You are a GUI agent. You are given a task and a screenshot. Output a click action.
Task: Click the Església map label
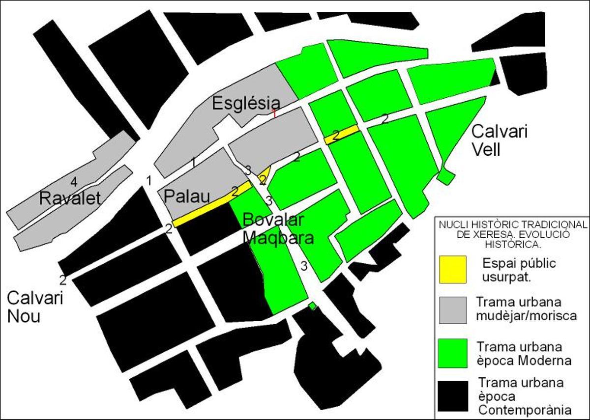point(246,104)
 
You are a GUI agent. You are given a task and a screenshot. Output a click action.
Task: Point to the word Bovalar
point(274,220)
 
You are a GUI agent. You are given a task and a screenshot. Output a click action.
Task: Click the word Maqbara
point(279,238)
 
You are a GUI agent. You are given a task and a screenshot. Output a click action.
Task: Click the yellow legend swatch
point(453,270)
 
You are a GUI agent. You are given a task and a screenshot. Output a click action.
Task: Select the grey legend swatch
point(453,310)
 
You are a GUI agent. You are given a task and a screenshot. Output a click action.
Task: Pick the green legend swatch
point(453,353)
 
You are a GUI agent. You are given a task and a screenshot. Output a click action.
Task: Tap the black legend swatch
point(453,396)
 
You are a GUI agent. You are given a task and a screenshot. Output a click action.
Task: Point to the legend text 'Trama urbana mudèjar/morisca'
point(526,308)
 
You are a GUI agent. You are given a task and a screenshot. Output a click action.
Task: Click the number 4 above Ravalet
point(74,182)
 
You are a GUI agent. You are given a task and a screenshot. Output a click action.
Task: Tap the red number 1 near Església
point(274,113)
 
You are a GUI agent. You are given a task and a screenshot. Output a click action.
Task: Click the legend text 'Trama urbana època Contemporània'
point(525,396)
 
